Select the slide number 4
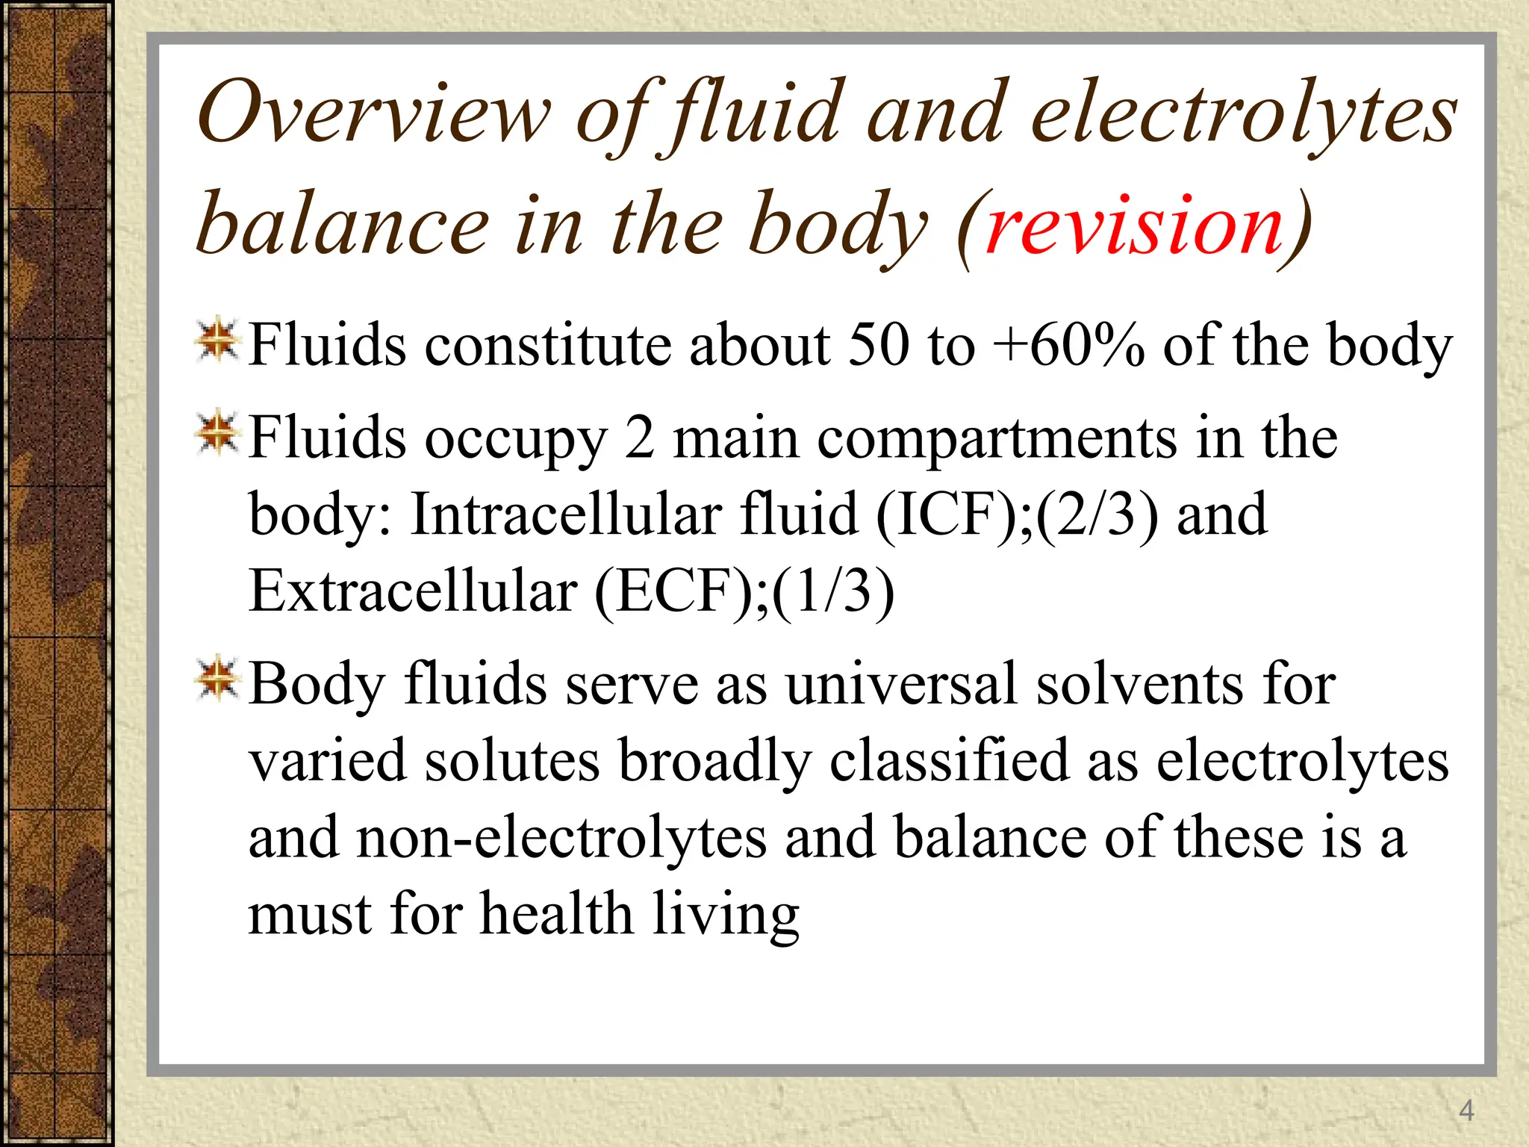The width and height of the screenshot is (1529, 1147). pyautogui.click(x=1466, y=1110)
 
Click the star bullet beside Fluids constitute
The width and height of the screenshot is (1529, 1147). pyautogui.click(x=217, y=343)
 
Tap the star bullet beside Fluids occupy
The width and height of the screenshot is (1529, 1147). pyautogui.click(x=217, y=432)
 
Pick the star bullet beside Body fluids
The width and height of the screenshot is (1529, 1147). pyautogui.click(x=217, y=679)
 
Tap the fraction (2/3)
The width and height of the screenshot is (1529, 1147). pyautogui.click(x=1097, y=515)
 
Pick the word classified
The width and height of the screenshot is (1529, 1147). pyautogui.click(x=949, y=761)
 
